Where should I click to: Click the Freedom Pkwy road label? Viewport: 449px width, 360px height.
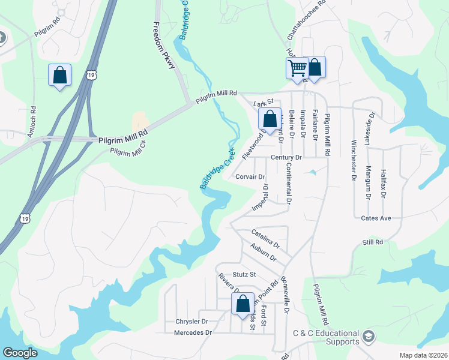163,46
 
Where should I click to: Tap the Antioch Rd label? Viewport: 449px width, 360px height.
32,123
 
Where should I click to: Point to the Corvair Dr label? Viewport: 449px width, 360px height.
250,177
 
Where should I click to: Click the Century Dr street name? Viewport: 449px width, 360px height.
285,157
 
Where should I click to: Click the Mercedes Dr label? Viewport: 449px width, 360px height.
193,332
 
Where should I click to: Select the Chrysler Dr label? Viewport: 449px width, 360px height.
191,322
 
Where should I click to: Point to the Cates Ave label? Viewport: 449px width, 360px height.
376,218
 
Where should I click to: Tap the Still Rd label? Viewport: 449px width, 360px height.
372,242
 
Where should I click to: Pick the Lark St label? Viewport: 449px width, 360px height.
264,103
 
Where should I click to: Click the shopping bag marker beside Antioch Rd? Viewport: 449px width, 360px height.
59,75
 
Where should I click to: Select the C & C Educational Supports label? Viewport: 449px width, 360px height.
326,337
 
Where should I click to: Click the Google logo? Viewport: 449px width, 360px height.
20,353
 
